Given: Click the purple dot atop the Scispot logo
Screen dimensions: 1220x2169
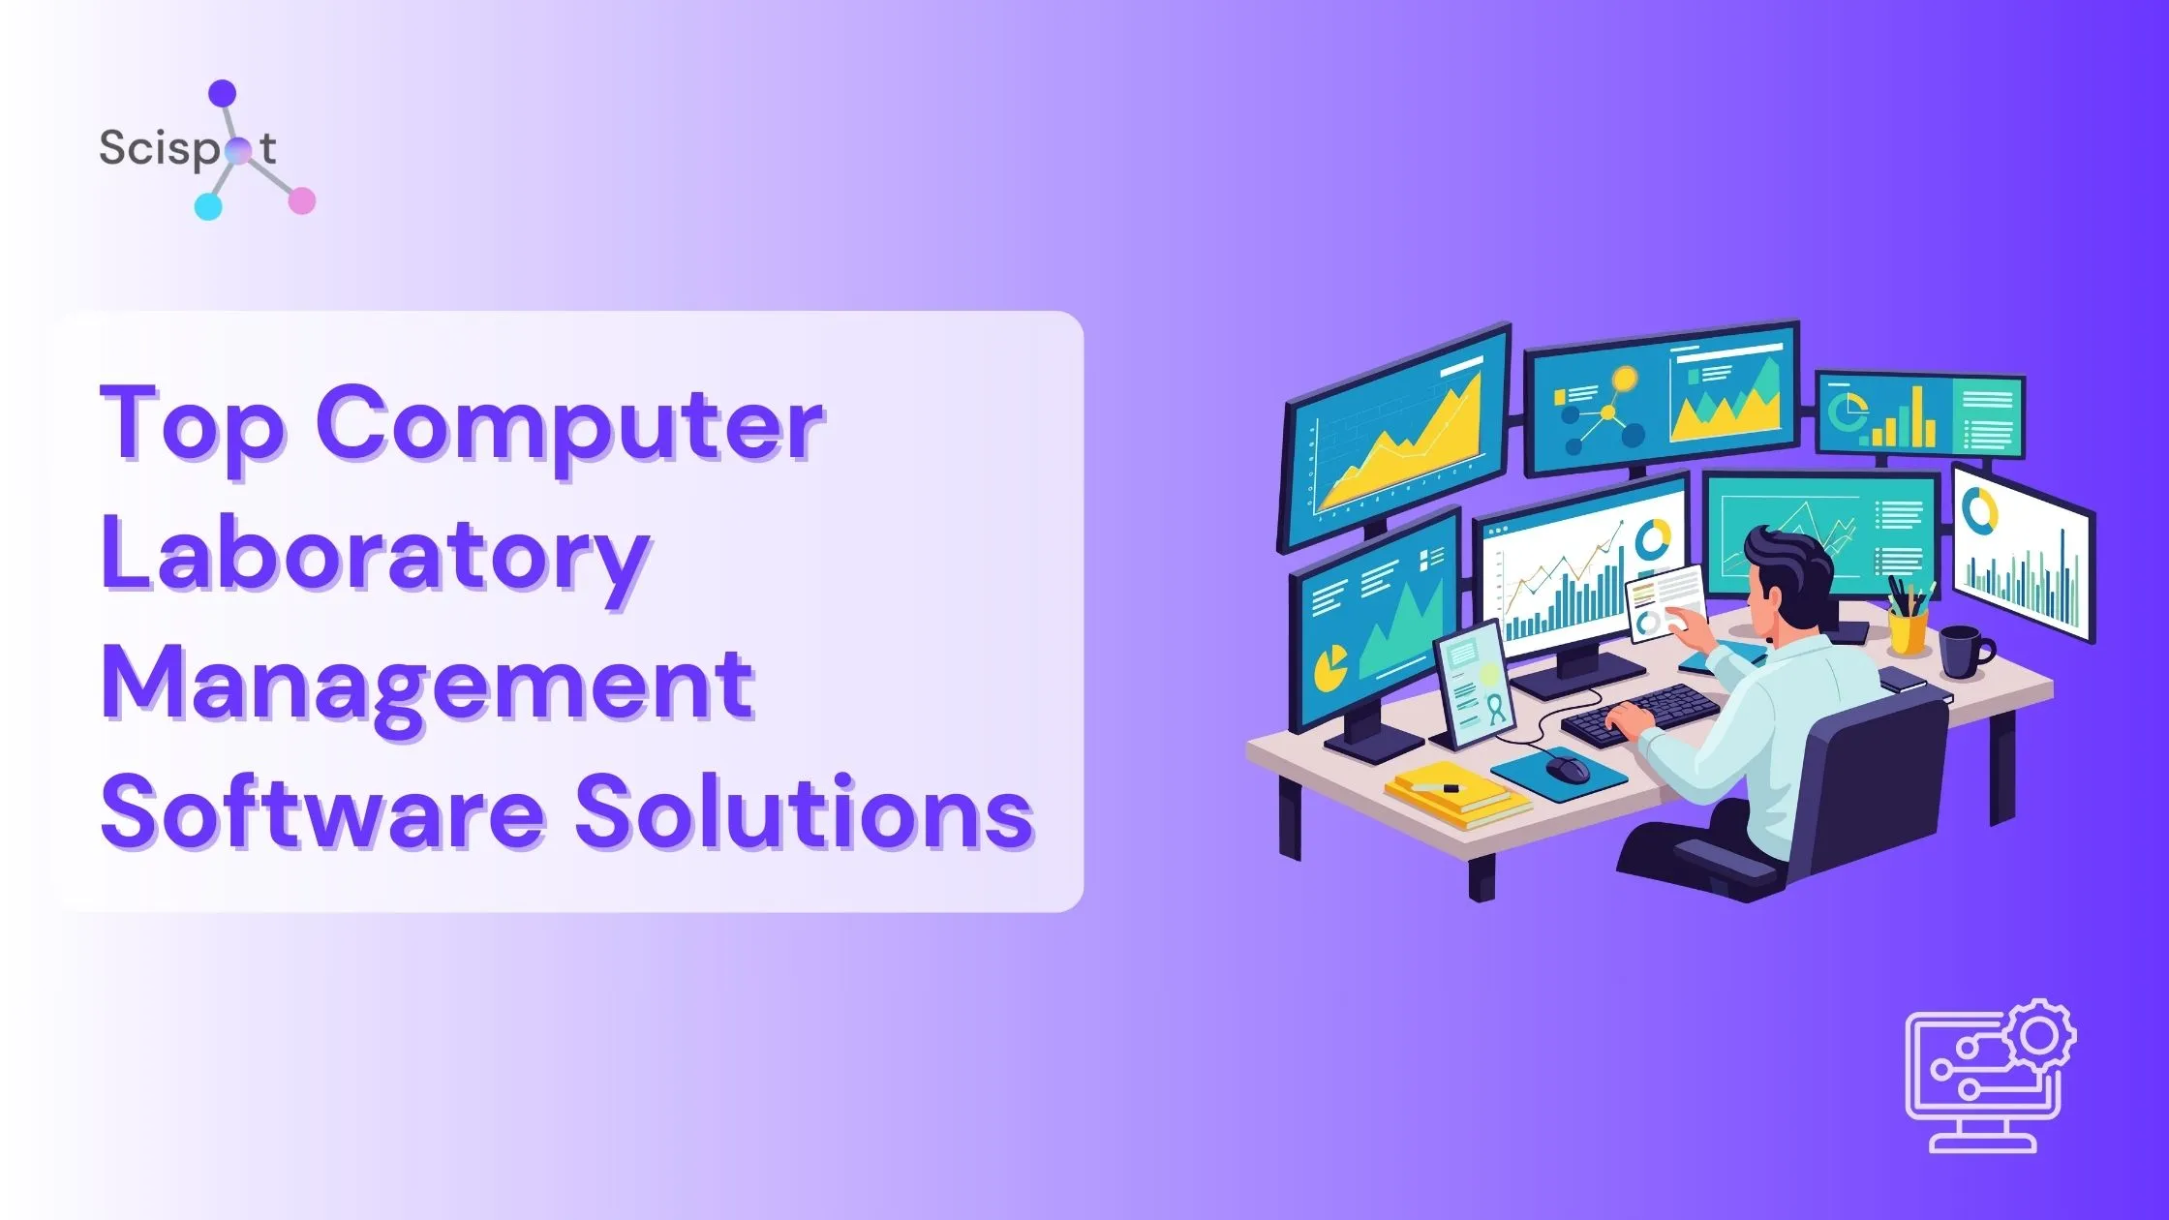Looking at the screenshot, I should pos(223,93).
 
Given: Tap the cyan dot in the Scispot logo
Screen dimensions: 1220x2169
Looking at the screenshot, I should pos(208,206).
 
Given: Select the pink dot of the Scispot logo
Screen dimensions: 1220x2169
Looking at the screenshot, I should pos(302,200).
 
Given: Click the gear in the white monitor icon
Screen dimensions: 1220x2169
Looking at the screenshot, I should pos(2039,1037).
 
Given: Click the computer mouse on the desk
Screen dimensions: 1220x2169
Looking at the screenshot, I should pos(1567,768).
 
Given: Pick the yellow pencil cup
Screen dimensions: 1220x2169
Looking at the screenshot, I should pos(1908,629).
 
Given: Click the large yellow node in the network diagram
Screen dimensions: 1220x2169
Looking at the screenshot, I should pos(1624,379).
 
